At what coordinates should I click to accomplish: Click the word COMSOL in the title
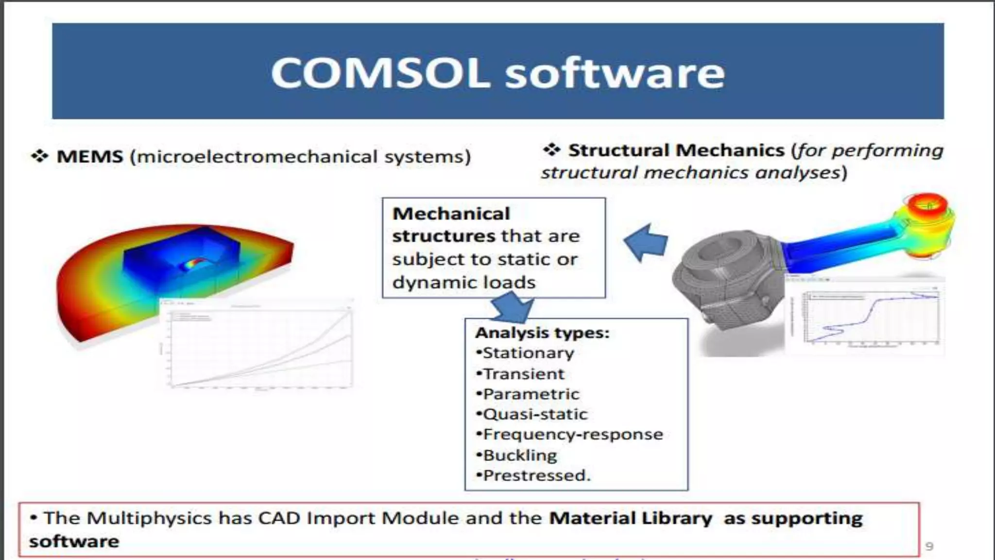[x=379, y=73]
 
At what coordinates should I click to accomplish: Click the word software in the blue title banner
[x=615, y=73]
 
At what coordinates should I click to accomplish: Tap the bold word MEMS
[x=90, y=157]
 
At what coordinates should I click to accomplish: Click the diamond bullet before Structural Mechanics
[x=552, y=149]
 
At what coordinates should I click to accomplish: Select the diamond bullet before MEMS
[x=39, y=156]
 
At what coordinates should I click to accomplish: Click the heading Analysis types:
[x=542, y=333]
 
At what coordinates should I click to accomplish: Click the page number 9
[x=929, y=546]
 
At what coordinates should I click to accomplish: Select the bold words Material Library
[x=630, y=518]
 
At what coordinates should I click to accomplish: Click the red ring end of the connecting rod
[x=927, y=207]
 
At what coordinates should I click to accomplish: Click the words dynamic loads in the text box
[x=463, y=282]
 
